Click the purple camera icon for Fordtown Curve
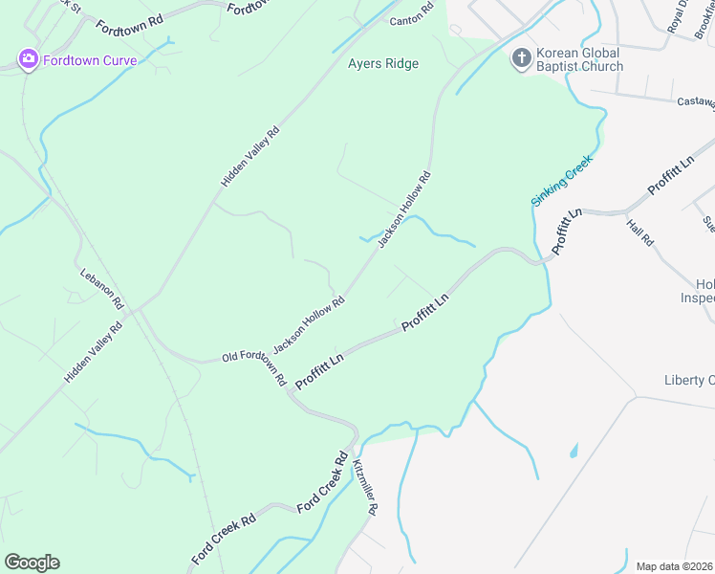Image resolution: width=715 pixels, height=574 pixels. point(28,60)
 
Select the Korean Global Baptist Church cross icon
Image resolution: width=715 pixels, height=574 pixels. point(521,59)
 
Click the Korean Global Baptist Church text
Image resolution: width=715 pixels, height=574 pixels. point(579,59)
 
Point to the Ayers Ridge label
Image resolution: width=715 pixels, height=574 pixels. point(382,64)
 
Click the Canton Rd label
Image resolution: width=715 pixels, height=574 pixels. point(411,19)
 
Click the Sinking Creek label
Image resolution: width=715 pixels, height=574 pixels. point(562,180)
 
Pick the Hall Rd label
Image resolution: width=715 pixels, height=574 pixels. point(640,233)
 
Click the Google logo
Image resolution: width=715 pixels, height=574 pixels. point(32,563)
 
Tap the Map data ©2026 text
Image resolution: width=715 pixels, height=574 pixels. point(674,566)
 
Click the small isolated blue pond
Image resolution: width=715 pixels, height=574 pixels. point(574,450)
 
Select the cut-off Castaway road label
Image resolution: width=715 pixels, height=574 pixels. point(695,101)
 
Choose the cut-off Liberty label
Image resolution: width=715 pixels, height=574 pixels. point(689,381)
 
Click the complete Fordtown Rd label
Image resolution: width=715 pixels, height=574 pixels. point(130,18)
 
